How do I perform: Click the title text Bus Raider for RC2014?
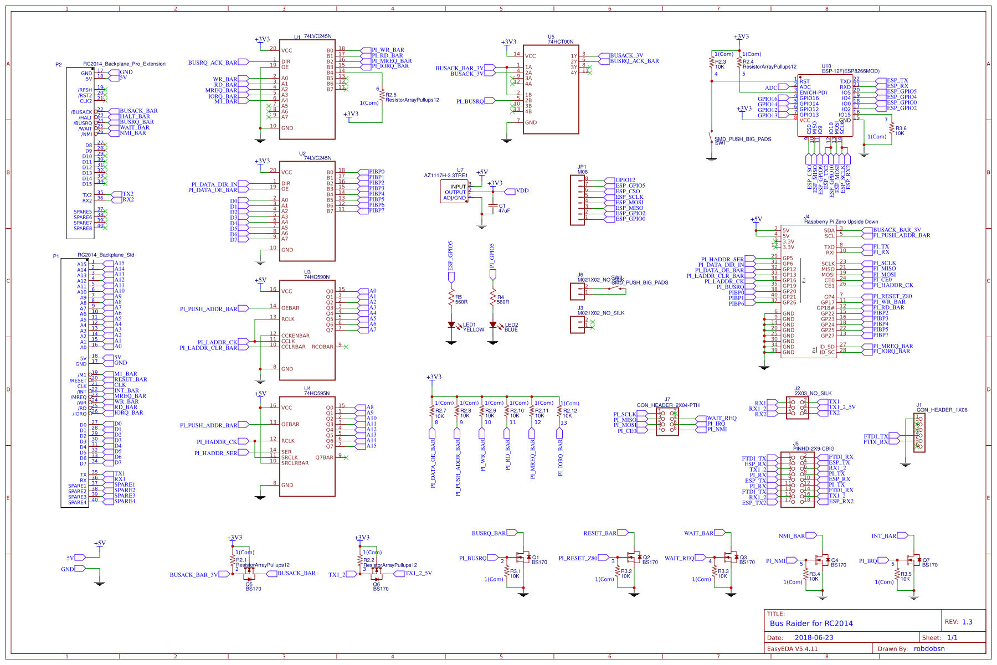click(x=811, y=623)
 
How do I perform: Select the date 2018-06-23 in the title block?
click(x=814, y=638)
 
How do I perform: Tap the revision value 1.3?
click(x=967, y=622)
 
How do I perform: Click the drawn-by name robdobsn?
click(x=929, y=649)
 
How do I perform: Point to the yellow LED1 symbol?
click(x=451, y=325)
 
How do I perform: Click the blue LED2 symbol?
click(x=493, y=325)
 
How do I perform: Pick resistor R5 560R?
click(x=451, y=299)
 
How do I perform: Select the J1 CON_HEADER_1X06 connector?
click(x=919, y=432)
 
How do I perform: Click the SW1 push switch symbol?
click(x=712, y=137)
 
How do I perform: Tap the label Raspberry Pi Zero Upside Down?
click(x=841, y=221)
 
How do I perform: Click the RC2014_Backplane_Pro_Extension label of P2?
click(x=124, y=64)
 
